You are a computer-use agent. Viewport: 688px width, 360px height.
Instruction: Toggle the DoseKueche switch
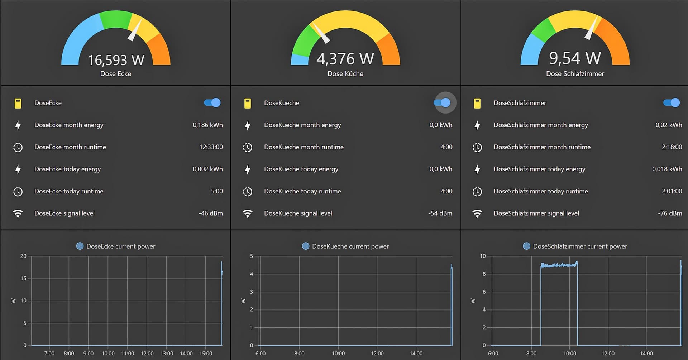point(442,103)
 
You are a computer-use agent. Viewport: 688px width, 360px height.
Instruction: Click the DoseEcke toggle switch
point(212,103)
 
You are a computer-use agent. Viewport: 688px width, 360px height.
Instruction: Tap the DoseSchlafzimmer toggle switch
point(672,103)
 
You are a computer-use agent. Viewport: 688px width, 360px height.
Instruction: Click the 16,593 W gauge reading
point(116,60)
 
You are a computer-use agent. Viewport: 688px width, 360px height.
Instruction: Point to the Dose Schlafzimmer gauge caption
point(575,73)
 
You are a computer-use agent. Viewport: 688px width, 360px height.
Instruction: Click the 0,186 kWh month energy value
point(207,125)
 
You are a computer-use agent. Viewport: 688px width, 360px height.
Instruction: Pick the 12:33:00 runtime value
point(211,147)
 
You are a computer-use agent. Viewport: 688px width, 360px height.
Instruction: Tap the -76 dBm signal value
point(670,213)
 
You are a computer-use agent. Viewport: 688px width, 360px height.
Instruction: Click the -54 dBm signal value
point(440,213)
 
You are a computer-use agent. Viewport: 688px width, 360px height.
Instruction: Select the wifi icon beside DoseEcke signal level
point(18,213)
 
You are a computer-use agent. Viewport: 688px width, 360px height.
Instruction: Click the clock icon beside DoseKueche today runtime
point(248,192)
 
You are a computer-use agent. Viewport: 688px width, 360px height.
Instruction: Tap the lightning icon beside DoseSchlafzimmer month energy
point(477,125)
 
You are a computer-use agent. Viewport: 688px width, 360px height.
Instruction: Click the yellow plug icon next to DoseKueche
point(248,103)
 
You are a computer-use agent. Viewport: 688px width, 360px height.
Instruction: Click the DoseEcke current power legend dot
point(80,246)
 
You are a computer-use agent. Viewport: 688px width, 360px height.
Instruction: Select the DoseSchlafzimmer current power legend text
point(580,246)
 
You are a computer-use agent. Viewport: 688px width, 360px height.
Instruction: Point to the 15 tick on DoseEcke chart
point(23,278)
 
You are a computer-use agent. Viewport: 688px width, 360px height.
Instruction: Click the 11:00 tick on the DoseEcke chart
point(128,354)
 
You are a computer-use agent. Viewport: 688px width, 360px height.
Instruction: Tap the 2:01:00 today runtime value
point(672,191)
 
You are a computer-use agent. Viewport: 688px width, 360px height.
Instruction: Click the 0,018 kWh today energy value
point(667,169)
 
